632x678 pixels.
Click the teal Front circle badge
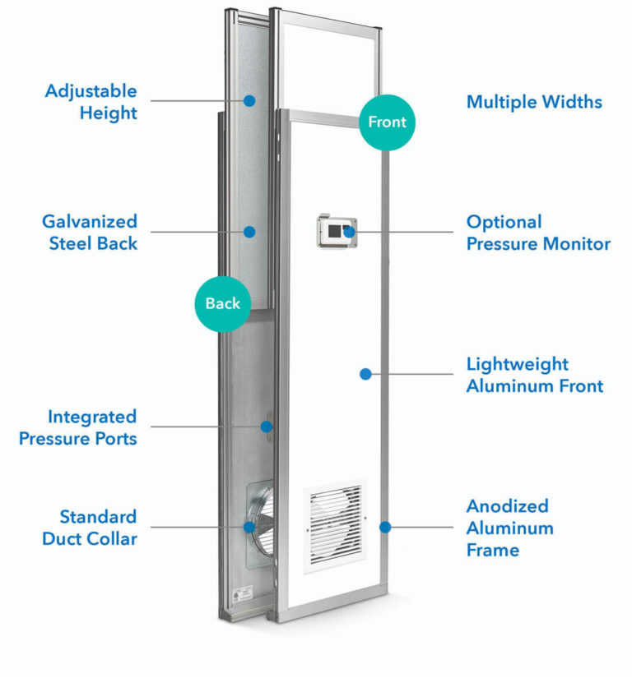click(x=387, y=122)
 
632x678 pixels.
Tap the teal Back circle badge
click(x=222, y=303)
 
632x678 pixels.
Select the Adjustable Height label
click(x=91, y=102)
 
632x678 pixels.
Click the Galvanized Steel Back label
click(x=90, y=233)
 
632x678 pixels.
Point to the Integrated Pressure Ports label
click(x=78, y=427)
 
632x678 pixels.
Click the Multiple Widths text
click(x=534, y=102)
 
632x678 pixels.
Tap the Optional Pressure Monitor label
click(x=538, y=233)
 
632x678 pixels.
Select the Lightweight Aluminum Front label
click(x=535, y=375)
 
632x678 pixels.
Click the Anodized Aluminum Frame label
click(x=509, y=528)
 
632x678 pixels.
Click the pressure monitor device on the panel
click(x=337, y=232)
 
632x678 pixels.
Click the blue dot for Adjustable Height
click(x=249, y=101)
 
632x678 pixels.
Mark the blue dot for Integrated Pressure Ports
click(x=266, y=426)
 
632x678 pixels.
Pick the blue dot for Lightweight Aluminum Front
click(x=365, y=374)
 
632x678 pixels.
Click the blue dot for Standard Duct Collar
click(x=249, y=527)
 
